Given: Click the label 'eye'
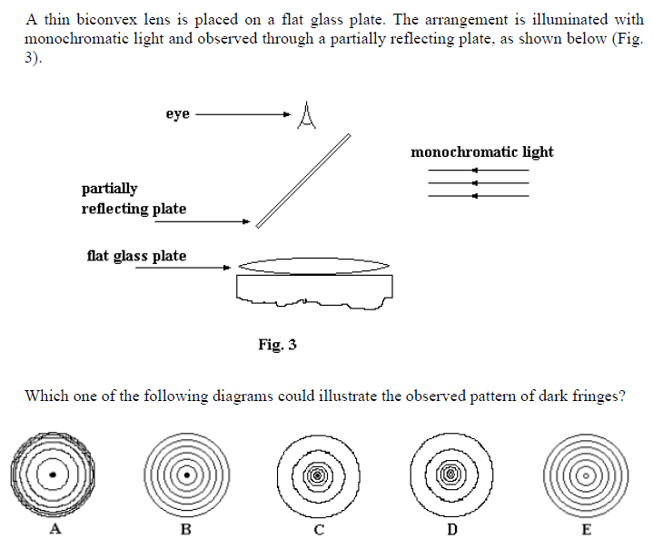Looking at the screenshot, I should (x=177, y=113).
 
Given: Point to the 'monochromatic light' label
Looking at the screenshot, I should (x=481, y=152).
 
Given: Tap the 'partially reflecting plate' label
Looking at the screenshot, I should (x=134, y=199).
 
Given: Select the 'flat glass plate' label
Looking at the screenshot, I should (x=136, y=256).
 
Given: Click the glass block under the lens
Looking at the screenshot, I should (x=314, y=289).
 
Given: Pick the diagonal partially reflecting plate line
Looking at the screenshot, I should (x=303, y=181).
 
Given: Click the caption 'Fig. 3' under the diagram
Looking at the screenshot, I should (x=277, y=345).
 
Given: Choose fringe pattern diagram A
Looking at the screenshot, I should (x=54, y=474).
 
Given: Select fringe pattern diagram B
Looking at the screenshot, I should (x=186, y=474).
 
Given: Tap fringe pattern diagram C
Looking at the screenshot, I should (x=318, y=474).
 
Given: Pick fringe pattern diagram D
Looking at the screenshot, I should (x=450, y=474).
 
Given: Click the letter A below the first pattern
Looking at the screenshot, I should (x=54, y=530).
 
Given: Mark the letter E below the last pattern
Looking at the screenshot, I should (x=585, y=530).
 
